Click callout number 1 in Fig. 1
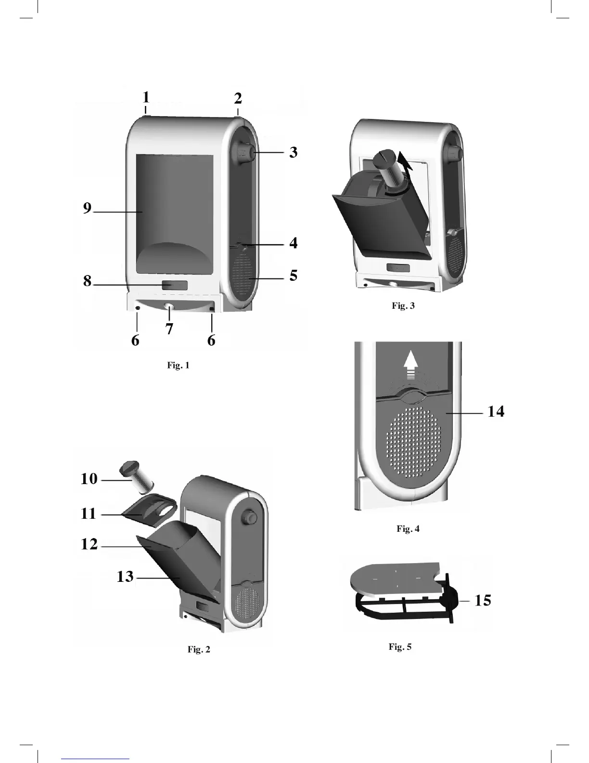coord(146,97)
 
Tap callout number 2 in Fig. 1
coord(238,99)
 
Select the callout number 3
coord(293,152)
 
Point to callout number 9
coord(87,208)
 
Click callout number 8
coord(87,280)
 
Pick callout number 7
coord(169,329)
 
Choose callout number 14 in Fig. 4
coord(496,411)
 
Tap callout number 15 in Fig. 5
coord(483,600)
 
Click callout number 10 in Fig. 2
coord(89,479)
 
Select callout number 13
coord(125,576)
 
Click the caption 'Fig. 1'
coord(178,365)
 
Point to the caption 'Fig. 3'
coord(403,306)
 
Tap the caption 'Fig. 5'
coord(400,646)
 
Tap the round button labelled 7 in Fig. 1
coord(169,307)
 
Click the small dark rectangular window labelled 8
coord(174,285)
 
